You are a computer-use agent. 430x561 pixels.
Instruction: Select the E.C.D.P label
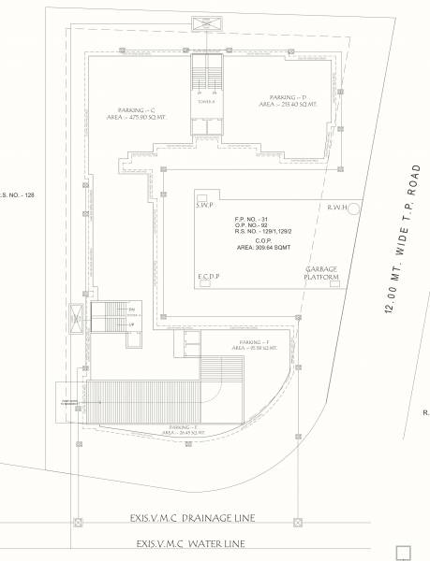(208, 278)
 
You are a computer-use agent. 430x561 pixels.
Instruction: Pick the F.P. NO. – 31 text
(251, 219)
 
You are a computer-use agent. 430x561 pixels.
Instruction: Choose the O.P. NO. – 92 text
(251, 226)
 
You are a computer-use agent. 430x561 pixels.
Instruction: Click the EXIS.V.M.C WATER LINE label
(190, 543)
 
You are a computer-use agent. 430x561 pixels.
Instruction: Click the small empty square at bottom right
(404, 552)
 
